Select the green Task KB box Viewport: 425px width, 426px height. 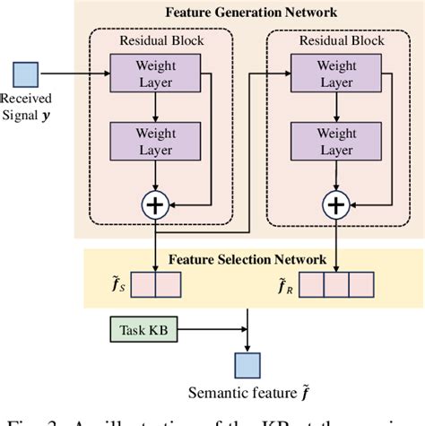(140, 331)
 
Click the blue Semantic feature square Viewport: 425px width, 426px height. (247, 363)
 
